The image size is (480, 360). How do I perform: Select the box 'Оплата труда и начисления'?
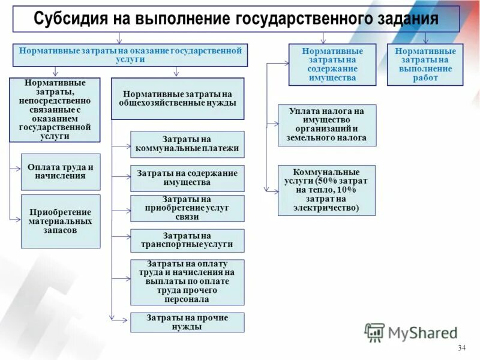click(61, 172)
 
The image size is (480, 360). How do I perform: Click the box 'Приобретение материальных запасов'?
click(61, 221)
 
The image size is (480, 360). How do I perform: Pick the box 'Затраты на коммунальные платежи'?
click(187, 144)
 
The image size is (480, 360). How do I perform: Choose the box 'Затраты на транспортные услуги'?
click(187, 241)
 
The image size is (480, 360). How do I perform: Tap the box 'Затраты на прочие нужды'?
click(187, 322)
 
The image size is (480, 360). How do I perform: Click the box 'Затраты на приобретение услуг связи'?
click(187, 208)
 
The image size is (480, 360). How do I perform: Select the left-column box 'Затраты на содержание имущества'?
click(187, 178)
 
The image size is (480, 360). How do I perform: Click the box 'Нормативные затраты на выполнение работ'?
click(425, 65)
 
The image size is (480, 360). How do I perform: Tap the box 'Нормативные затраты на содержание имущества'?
click(332, 65)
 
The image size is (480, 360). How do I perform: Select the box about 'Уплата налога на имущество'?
click(326, 125)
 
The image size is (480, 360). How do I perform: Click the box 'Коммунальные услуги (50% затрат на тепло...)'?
click(326, 190)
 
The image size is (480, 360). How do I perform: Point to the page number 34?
click(461, 349)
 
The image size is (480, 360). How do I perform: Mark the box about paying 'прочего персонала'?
click(187, 282)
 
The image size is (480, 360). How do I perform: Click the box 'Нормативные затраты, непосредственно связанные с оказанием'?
click(55, 110)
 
